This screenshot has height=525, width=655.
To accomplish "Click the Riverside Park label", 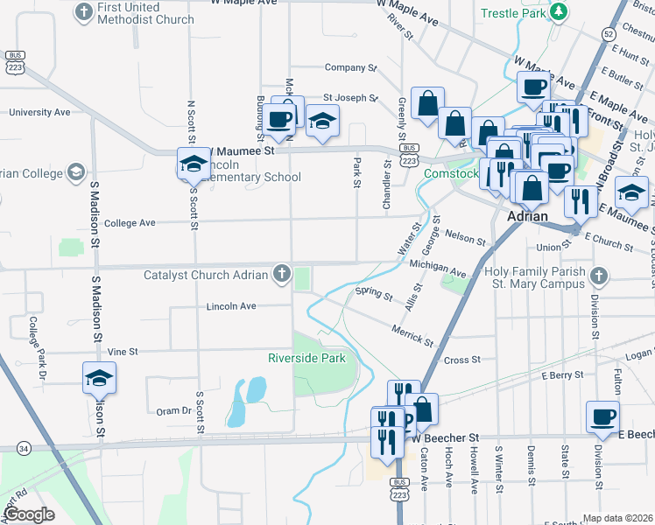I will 306,358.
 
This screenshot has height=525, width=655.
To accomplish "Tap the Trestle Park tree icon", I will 558,12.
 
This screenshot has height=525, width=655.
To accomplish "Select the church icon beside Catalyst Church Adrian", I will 282,275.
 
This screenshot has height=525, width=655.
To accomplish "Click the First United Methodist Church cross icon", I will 84,12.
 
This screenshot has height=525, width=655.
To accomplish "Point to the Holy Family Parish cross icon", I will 598,277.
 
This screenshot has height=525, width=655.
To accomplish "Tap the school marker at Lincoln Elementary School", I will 194,163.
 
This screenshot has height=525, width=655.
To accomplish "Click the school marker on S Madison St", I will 99,378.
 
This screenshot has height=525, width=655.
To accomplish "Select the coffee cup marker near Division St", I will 602,418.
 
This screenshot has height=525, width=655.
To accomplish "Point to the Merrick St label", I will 412,332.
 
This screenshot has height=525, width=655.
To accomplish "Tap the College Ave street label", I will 130,223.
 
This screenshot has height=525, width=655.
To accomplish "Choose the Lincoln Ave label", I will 231,307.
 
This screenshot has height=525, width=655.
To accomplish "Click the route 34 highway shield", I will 23,448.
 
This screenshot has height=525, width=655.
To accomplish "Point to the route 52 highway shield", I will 608,33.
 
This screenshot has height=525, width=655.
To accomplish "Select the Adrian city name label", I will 528,216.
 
